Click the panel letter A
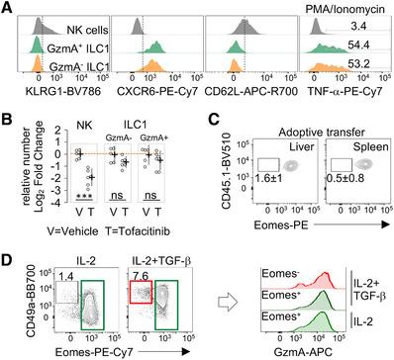tap(7, 8)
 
